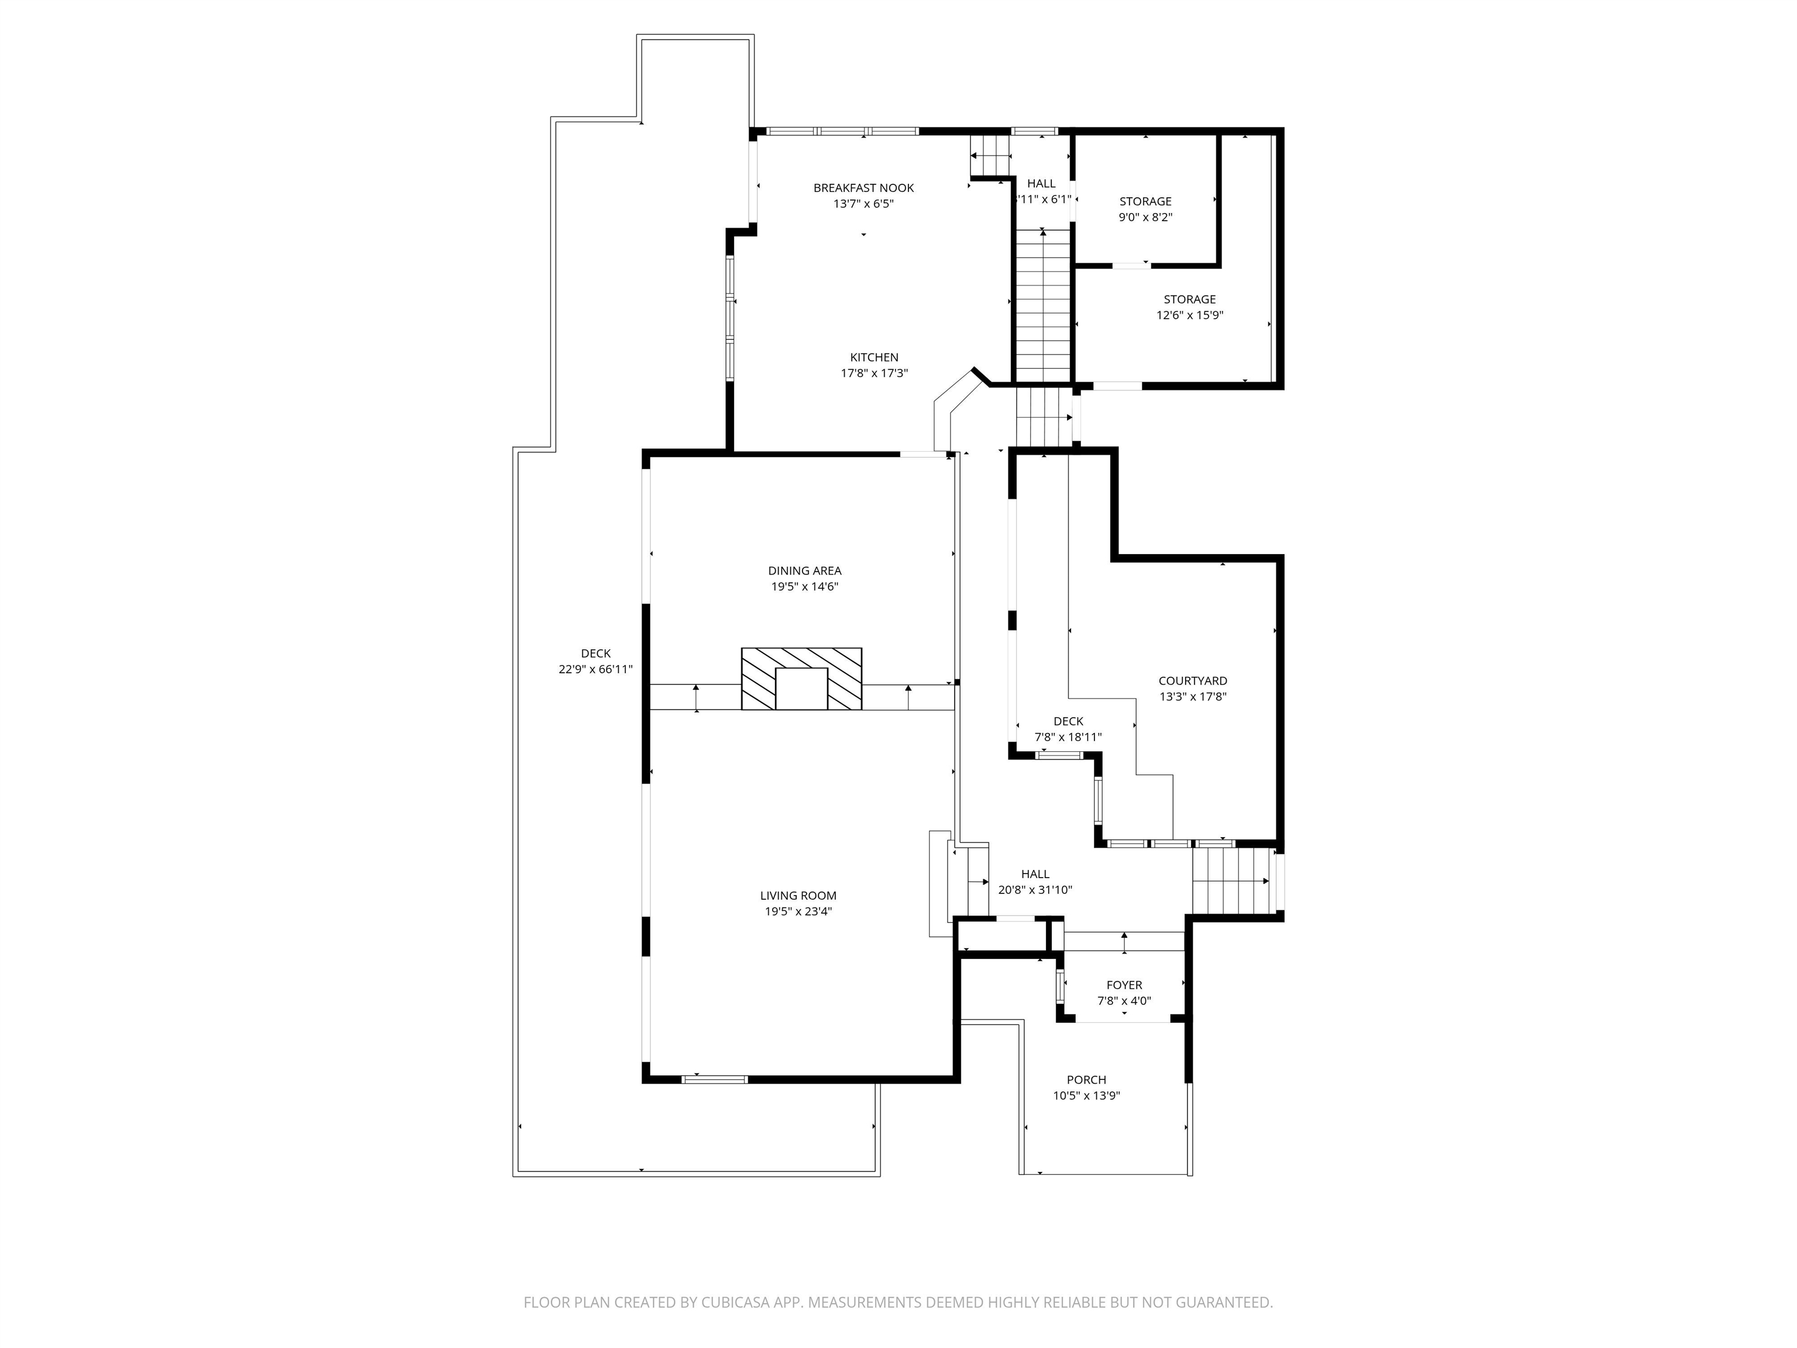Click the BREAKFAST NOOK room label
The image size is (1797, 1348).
click(863, 188)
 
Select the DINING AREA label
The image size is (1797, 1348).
click(804, 570)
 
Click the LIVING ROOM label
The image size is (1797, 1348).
click(798, 895)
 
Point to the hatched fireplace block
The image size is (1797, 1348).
click(801, 679)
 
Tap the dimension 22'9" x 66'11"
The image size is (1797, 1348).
click(595, 669)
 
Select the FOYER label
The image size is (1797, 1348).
click(1124, 985)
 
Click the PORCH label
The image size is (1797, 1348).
click(1086, 1080)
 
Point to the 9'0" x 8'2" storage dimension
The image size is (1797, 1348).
click(1145, 217)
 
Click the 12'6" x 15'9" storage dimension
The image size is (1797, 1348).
click(1189, 315)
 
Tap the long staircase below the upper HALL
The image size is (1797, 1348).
click(1043, 305)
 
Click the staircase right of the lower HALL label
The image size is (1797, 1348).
click(1230, 881)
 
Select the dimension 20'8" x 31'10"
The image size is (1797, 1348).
click(1035, 890)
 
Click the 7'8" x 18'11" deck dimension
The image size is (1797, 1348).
click(1068, 737)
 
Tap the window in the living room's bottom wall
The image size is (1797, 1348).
click(714, 1079)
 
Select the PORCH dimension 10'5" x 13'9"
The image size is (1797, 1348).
click(1086, 1095)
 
